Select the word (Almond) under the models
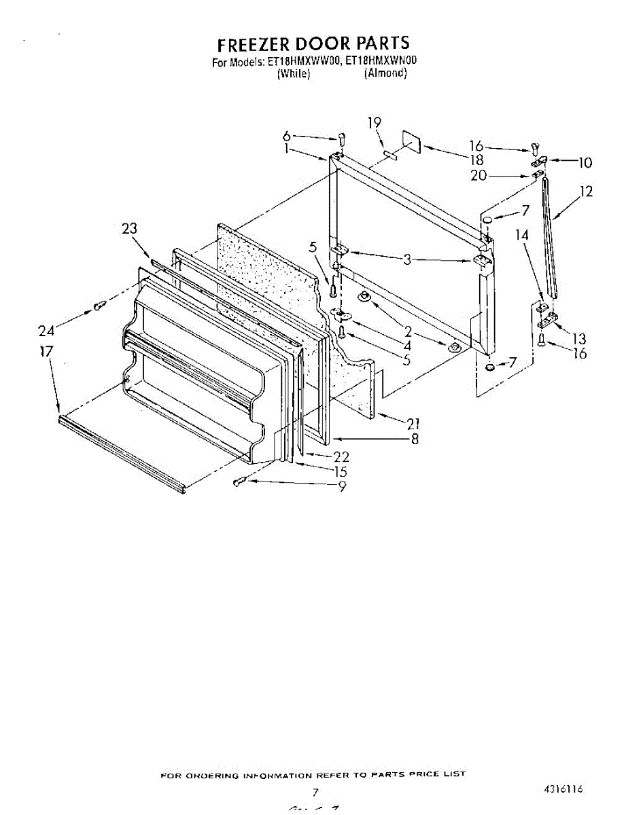385,73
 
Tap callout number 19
375,123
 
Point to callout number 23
129,230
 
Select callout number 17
46,352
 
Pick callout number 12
585,192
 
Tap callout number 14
522,236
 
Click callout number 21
413,424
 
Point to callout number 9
342,486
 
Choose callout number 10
585,162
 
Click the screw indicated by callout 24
99,306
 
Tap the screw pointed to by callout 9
239,482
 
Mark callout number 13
580,338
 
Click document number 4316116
563,789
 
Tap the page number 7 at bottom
315,792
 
